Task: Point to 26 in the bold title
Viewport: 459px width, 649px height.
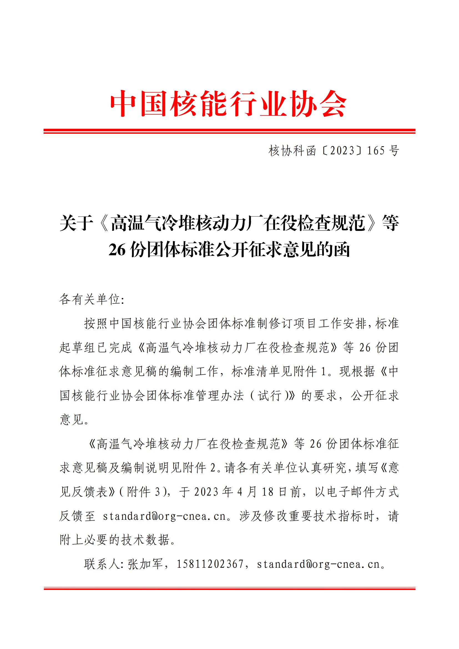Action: coord(117,250)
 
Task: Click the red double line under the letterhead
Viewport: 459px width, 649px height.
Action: coord(229,131)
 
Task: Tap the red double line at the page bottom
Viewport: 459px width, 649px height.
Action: coord(229,589)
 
